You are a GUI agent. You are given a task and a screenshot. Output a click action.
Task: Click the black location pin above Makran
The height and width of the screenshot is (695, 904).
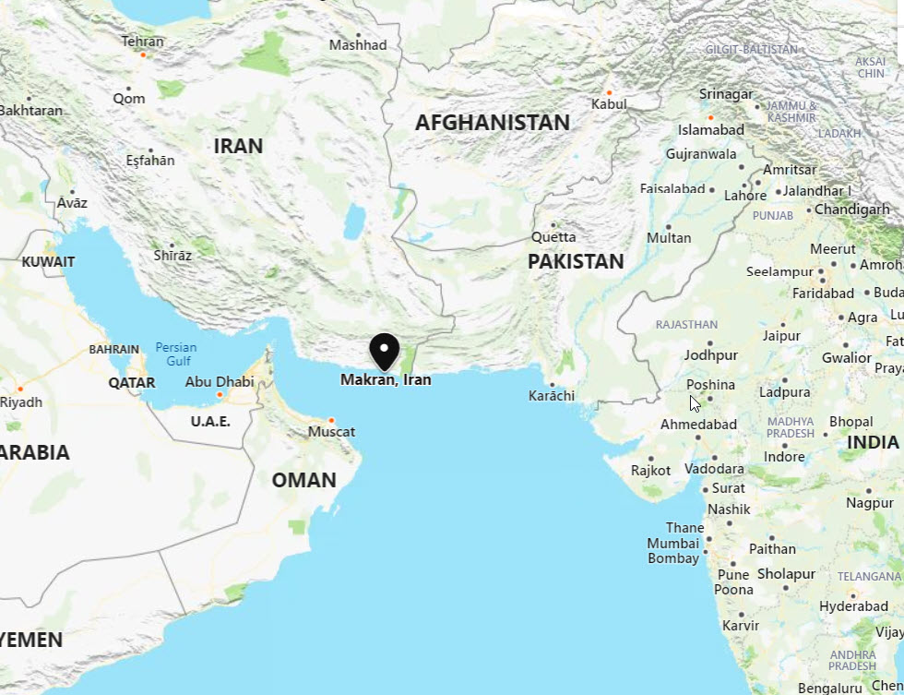tap(384, 350)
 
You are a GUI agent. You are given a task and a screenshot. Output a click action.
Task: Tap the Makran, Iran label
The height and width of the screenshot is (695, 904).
tap(386, 379)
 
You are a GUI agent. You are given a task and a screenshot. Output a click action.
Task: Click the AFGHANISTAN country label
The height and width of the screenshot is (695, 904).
tap(492, 123)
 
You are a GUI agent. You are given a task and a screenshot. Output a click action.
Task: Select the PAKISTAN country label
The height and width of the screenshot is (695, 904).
tap(576, 261)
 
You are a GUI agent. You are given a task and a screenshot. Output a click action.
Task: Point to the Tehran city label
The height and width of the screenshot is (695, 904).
tap(142, 42)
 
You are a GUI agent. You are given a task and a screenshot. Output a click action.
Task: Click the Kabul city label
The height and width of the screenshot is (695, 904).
tap(609, 104)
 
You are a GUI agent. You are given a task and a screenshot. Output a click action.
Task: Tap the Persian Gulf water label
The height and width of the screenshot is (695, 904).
tap(175, 353)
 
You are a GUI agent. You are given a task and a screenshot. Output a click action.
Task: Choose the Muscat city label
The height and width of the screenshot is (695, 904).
tap(331, 432)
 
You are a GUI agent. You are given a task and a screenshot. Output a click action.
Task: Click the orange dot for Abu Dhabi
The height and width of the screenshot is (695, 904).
tap(220, 395)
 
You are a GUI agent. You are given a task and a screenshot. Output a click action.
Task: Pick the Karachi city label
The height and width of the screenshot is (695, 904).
tap(552, 396)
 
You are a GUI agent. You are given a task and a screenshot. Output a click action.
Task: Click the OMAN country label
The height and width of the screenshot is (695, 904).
tap(303, 480)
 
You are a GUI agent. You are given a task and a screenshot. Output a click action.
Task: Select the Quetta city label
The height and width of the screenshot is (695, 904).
tap(553, 237)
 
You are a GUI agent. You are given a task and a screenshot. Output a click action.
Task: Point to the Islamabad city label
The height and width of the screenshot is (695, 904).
tap(710, 130)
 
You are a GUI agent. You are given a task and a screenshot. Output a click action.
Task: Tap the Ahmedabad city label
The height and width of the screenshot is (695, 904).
tap(698, 425)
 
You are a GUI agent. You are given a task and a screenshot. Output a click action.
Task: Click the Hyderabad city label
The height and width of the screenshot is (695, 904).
tap(827, 606)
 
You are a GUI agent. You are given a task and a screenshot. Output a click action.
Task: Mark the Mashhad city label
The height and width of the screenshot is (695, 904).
tap(358, 44)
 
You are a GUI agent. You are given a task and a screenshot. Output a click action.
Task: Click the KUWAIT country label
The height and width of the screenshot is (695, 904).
tap(48, 261)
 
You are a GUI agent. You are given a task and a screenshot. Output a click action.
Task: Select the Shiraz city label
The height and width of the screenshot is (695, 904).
tap(172, 256)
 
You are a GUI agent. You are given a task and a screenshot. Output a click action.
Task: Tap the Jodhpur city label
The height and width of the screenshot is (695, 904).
tap(710, 355)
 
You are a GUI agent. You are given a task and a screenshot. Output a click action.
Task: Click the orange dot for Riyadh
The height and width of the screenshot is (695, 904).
tap(19, 389)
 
